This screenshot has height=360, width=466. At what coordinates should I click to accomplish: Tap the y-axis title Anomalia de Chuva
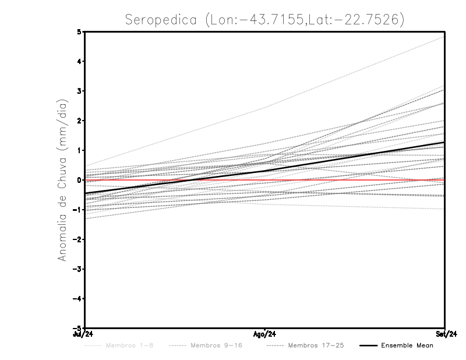coord(62,180)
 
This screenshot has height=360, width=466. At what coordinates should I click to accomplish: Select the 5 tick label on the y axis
coord(79,31)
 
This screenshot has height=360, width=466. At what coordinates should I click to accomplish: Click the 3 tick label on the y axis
coord(79,91)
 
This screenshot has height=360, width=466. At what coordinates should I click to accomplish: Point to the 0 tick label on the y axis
coord(79,180)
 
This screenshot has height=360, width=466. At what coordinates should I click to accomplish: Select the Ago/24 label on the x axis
coord(265,334)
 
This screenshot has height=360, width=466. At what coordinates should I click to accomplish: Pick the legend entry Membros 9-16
coord(216,345)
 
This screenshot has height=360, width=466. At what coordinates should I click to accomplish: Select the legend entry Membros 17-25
coord(315,345)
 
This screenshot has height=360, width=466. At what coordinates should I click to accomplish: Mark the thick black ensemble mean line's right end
coord(444,142)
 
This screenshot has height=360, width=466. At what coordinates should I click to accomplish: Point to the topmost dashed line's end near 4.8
coord(444,37)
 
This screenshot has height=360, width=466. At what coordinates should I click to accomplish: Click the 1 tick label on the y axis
coord(79,150)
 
